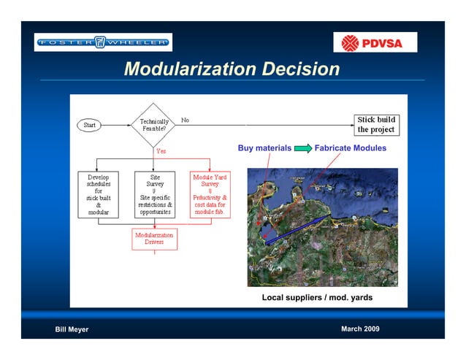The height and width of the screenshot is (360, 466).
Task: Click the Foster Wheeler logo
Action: click(x=103, y=42)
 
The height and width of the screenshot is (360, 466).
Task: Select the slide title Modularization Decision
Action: click(x=232, y=69)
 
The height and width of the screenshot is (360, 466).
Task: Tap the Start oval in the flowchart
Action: click(x=89, y=125)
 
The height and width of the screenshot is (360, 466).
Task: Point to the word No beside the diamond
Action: click(x=185, y=120)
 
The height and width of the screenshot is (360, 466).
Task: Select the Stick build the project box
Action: click(x=376, y=124)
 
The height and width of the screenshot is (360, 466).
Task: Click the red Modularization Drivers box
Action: click(x=154, y=239)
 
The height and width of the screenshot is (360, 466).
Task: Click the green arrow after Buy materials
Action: click(x=303, y=148)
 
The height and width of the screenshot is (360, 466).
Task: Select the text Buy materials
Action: click(x=264, y=148)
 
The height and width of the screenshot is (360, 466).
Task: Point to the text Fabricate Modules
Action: click(x=350, y=148)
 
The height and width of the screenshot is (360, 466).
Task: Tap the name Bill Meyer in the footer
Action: click(x=72, y=329)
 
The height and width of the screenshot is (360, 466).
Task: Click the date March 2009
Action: click(x=360, y=329)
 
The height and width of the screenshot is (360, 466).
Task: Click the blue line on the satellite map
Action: click(x=292, y=229)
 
